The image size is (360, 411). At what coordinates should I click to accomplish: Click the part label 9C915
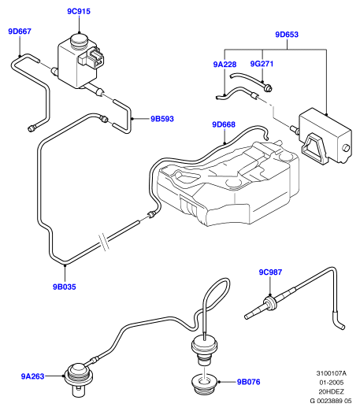coord(79,12)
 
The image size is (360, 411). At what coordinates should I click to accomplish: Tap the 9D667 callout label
coord(20,31)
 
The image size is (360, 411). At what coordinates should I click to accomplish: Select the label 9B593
coord(162,119)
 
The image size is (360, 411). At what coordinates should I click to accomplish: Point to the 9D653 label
coord(287,35)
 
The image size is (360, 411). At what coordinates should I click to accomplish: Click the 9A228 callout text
coord(225,65)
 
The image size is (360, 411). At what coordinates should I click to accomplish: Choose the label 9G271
coord(262,64)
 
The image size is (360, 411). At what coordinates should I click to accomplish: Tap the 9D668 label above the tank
coord(224,124)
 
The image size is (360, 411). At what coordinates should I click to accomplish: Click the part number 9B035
coord(65,287)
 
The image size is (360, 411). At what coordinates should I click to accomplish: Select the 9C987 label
coord(270,272)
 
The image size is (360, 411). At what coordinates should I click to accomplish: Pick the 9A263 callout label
coord(32,376)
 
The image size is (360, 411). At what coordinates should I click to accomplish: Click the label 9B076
coord(249,382)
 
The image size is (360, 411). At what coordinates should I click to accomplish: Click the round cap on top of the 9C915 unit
coord(80,39)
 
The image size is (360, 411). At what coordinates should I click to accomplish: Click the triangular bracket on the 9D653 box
coord(314,148)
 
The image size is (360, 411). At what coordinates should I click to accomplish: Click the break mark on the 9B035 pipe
coord(103,243)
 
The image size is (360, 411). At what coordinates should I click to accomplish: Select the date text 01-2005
coord(331,383)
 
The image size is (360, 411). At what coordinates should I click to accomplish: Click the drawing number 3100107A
coord(331,373)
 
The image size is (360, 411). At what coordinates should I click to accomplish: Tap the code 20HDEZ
coord(331,391)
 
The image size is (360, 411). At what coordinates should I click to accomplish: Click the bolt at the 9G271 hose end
coord(268,89)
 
